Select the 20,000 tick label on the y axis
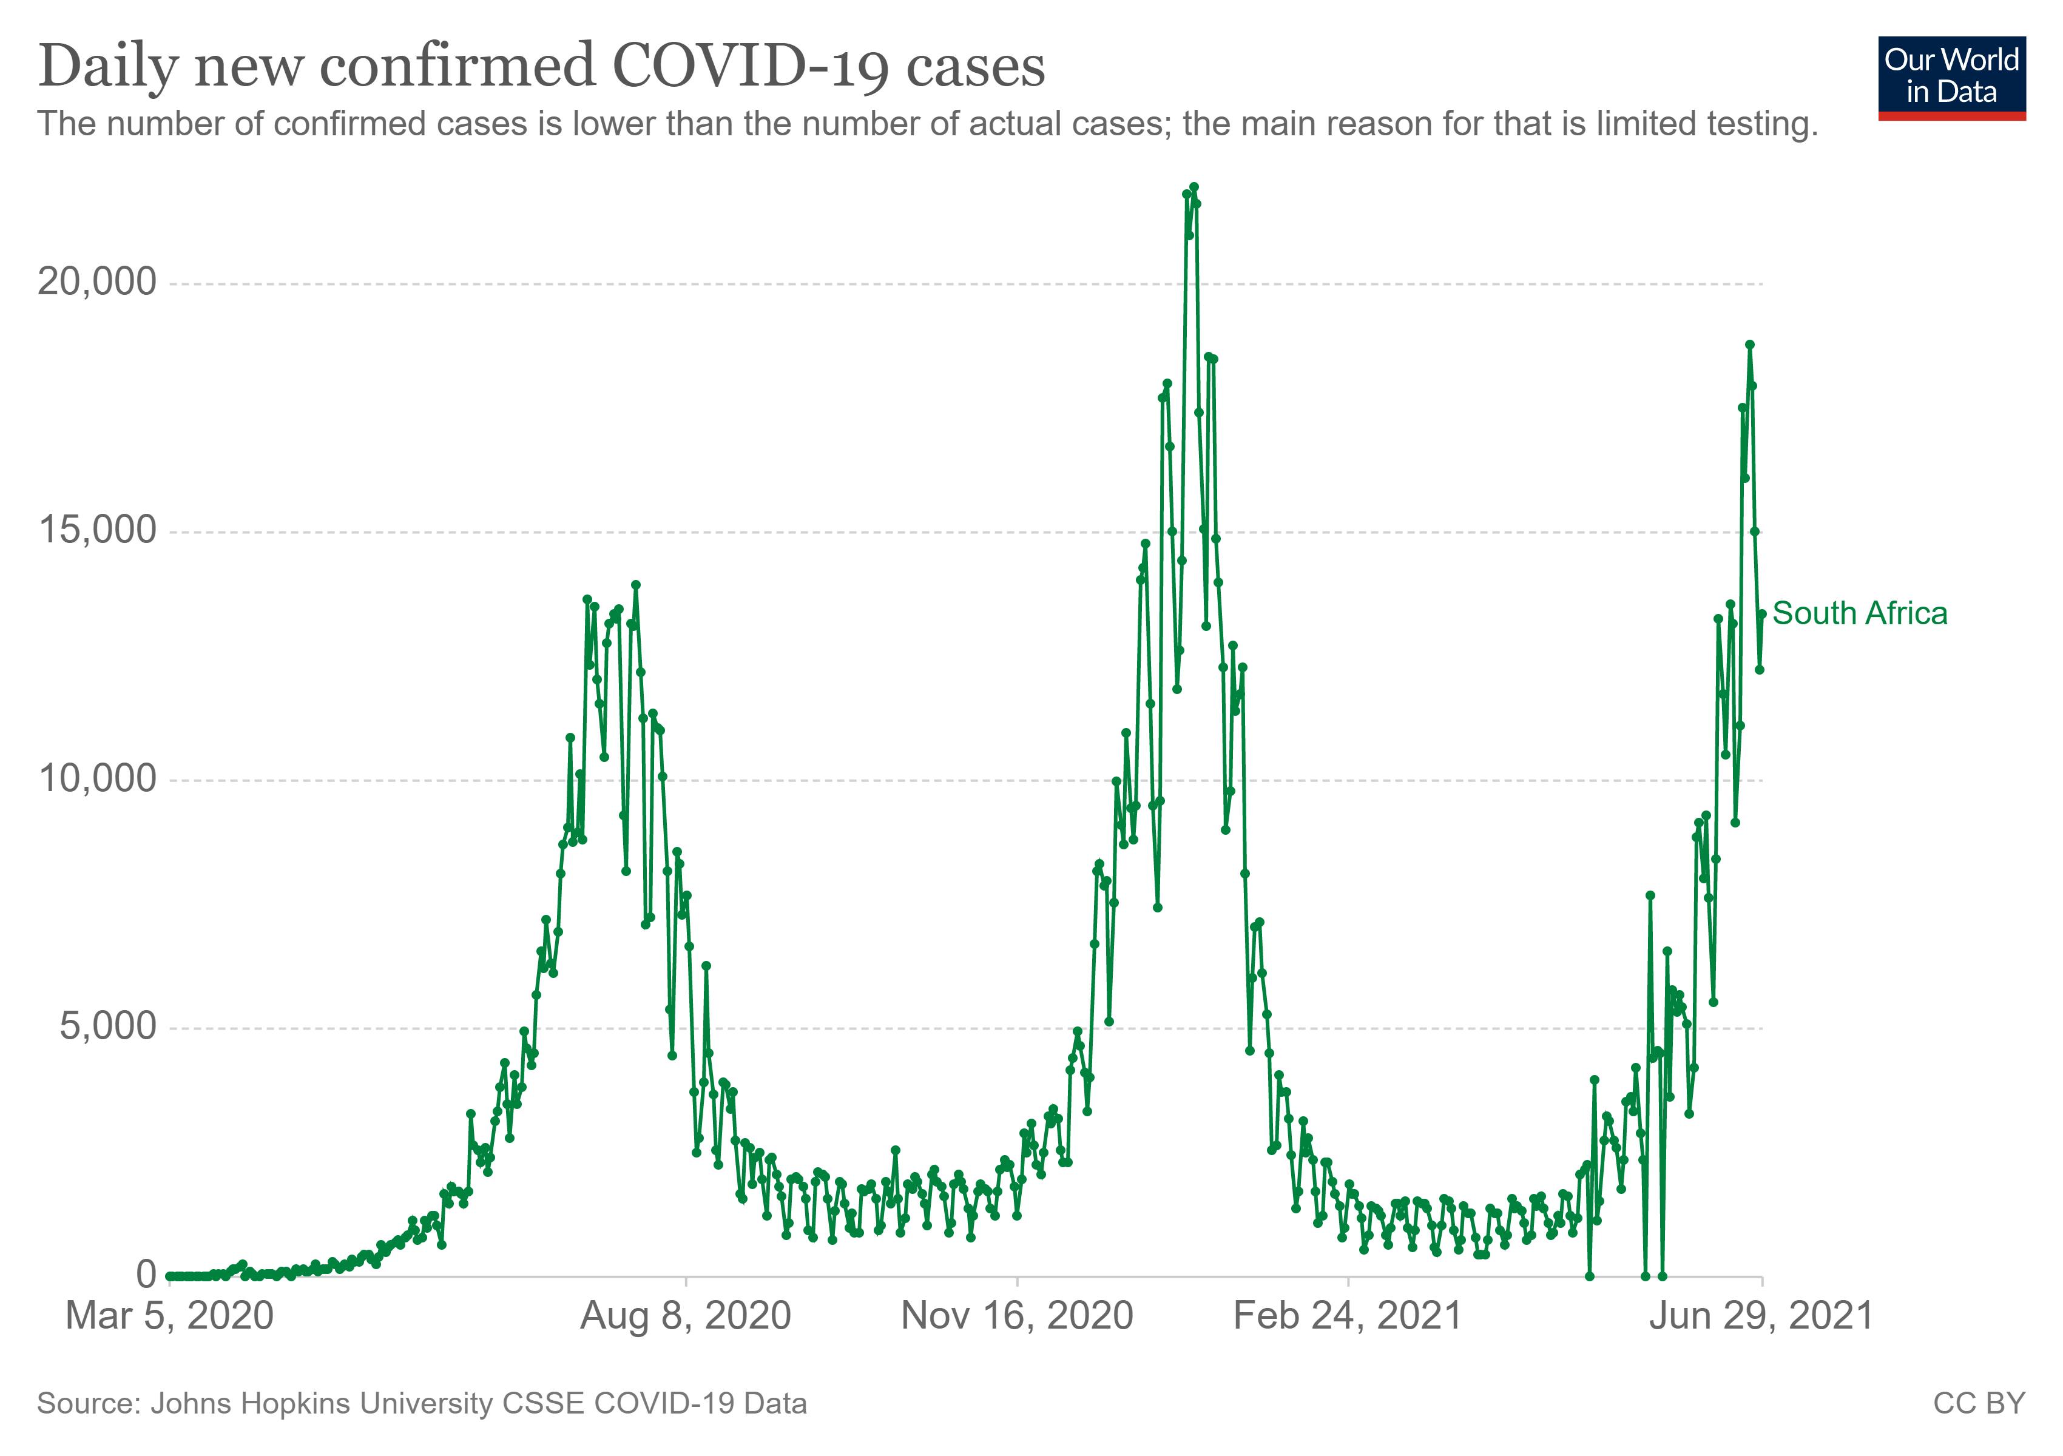pyautogui.click(x=97, y=283)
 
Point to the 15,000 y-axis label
pyautogui.click(x=97, y=531)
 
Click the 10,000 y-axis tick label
pyautogui.click(x=97, y=779)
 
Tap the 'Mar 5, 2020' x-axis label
pyautogui.click(x=170, y=1317)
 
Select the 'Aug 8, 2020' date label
pyautogui.click(x=686, y=1317)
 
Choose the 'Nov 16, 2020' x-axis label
pyautogui.click(x=1016, y=1317)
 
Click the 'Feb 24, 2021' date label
pyautogui.click(x=1347, y=1317)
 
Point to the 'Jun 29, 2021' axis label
pyautogui.click(x=1761, y=1317)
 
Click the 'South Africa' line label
pyautogui.click(x=1859, y=613)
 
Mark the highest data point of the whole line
pyautogui.click(x=1194, y=187)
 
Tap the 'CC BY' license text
pyautogui.click(x=1979, y=1404)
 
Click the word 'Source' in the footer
pyautogui.click(x=86, y=1404)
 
